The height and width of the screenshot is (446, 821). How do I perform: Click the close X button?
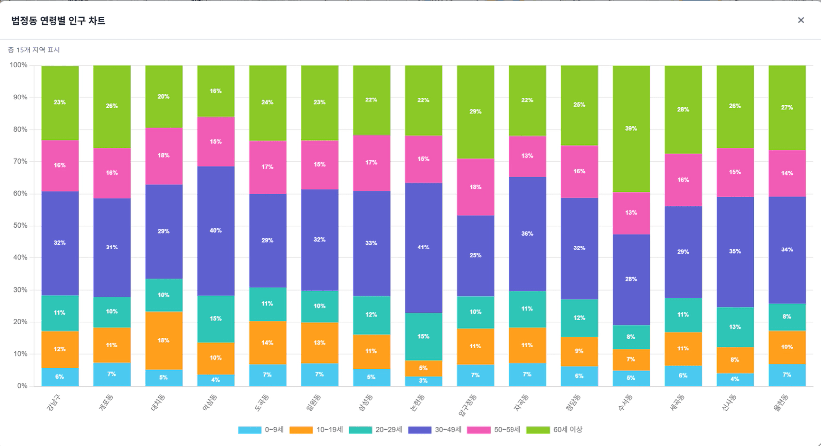click(x=801, y=20)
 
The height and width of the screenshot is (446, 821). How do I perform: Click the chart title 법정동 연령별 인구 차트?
click(x=58, y=21)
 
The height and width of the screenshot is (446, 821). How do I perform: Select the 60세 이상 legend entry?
click(x=555, y=430)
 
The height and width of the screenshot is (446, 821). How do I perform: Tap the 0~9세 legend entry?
click(x=261, y=430)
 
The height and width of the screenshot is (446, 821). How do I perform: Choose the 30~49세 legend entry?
click(x=435, y=430)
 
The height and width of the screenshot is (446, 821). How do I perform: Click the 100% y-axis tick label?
click(x=18, y=65)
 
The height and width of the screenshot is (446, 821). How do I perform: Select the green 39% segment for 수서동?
click(x=631, y=129)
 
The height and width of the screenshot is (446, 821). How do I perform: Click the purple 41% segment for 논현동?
click(x=423, y=248)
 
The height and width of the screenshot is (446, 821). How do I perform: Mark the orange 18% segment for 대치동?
click(x=163, y=341)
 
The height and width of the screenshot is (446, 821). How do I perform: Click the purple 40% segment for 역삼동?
click(x=215, y=231)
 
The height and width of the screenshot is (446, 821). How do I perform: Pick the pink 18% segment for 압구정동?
click(x=475, y=187)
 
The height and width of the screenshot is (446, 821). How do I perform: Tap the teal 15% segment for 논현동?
click(x=423, y=337)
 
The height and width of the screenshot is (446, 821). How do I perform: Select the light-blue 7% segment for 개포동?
click(x=112, y=374)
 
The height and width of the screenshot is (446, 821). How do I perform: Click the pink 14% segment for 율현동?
click(x=787, y=173)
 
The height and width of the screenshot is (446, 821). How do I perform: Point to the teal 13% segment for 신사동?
click(x=735, y=327)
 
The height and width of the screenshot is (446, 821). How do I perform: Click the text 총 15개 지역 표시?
click(x=34, y=50)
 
